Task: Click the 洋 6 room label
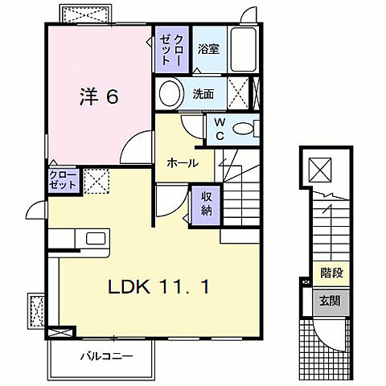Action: pos(99,97)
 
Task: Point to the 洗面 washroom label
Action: pos(203,94)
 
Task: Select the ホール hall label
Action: pos(183,162)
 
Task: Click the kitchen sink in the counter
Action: pos(95,239)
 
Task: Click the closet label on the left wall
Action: pos(63,179)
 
